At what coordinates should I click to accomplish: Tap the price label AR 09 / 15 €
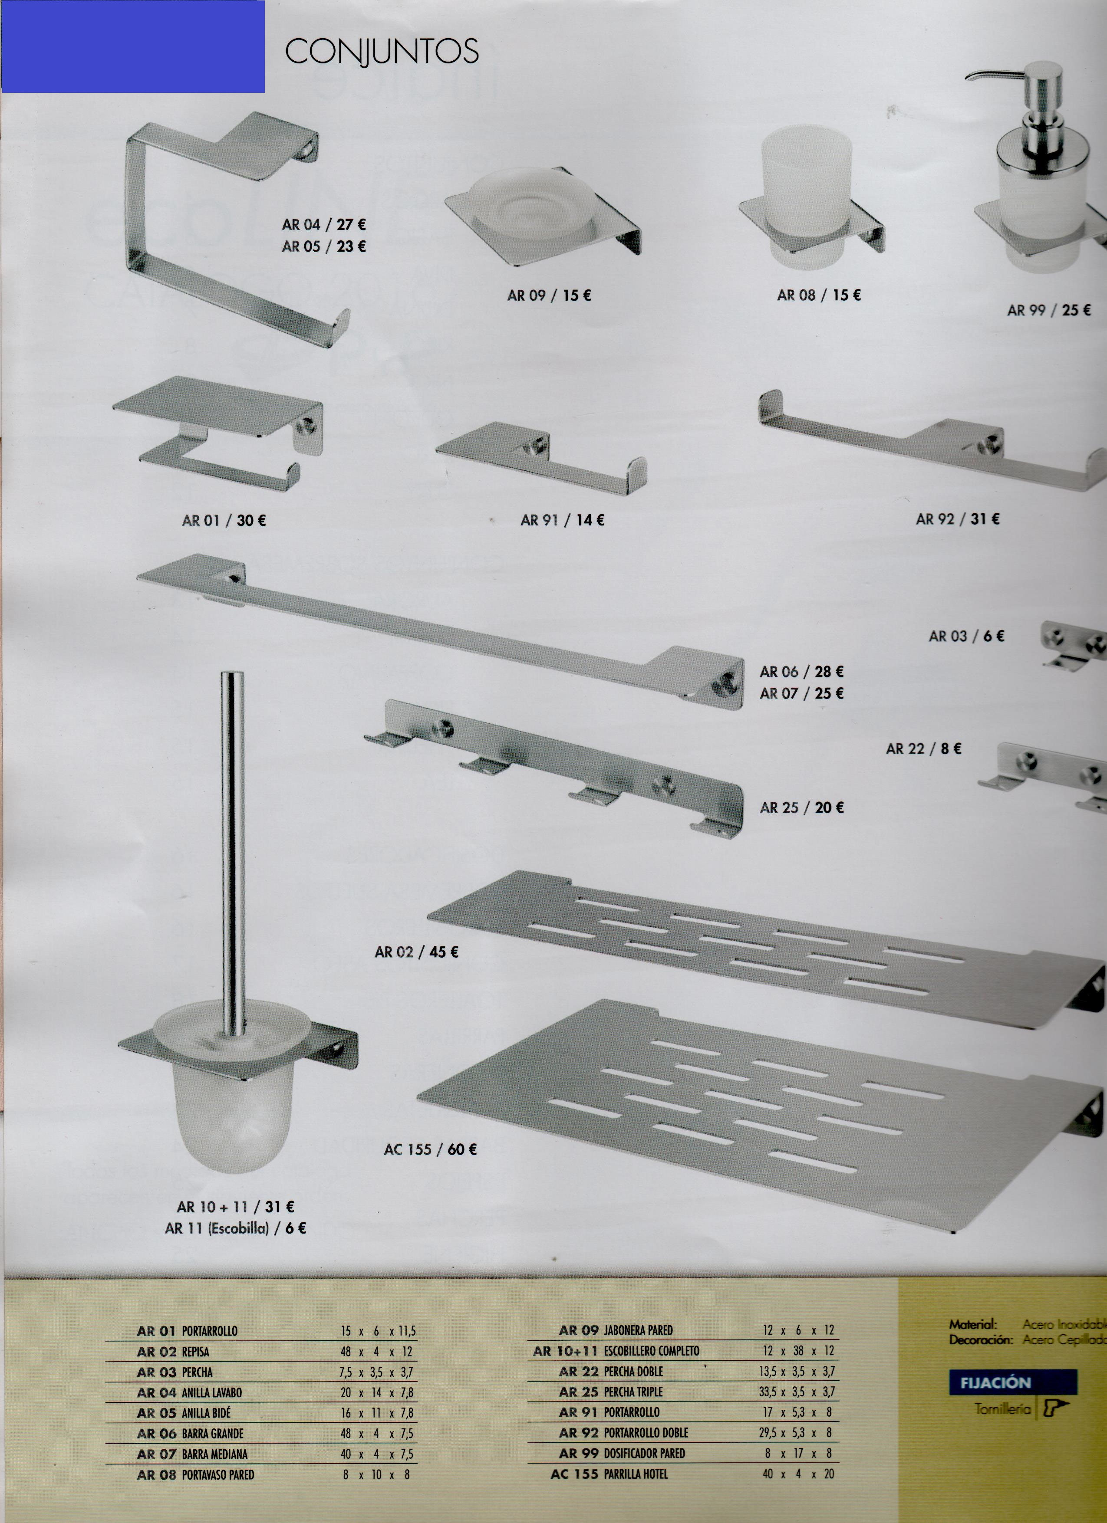click(x=549, y=295)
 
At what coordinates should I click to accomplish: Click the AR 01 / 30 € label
click(x=224, y=520)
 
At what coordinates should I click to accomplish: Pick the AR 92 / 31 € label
click(x=957, y=519)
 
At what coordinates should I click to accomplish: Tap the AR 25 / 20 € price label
click(x=801, y=808)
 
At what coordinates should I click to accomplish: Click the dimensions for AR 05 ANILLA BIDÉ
click(x=376, y=1413)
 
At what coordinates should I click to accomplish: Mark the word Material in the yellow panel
click(x=973, y=1325)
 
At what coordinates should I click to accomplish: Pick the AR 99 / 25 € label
click(x=1048, y=310)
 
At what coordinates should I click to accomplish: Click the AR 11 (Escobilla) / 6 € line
click(x=235, y=1228)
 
